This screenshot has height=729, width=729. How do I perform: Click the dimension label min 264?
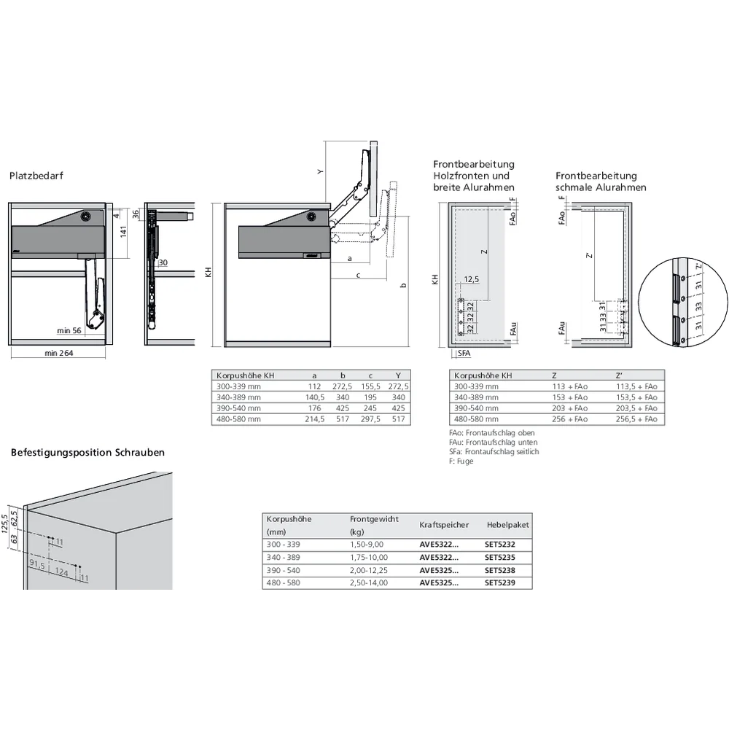tap(58, 354)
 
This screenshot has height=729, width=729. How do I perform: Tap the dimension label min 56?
tap(70, 331)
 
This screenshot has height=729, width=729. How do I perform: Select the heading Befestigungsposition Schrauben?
tap(87, 452)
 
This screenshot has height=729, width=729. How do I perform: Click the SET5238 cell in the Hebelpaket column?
tap(500, 570)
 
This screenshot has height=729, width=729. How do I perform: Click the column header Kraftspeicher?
tap(443, 525)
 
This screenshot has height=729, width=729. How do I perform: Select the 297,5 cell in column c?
tap(370, 419)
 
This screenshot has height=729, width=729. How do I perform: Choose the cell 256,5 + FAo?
tap(636, 419)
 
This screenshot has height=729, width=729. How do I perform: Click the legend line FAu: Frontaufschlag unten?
tap(492, 443)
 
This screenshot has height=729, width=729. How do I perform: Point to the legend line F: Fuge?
tap(461, 461)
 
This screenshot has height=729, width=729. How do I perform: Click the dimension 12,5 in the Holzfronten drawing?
tap(472, 279)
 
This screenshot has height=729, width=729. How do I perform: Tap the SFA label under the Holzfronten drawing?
tap(464, 354)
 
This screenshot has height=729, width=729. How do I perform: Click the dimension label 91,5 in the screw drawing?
tap(37, 564)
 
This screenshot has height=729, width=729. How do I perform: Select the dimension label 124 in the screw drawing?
tap(61, 574)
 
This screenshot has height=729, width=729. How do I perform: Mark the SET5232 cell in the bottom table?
tap(500, 544)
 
